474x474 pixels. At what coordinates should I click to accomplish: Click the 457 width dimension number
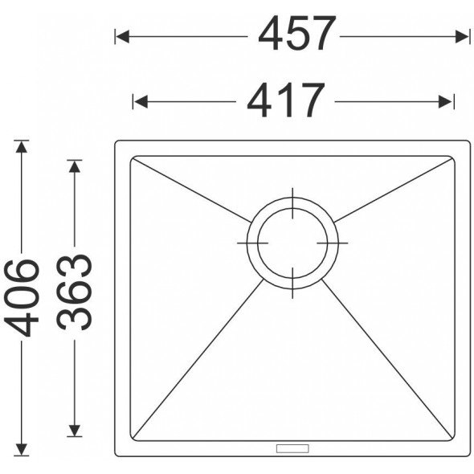tap(297, 33)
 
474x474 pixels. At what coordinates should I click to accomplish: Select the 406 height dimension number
tap(22, 298)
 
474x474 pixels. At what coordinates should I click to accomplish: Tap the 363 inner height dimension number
tap(75, 292)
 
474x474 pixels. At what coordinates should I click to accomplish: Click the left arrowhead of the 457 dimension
tap(122, 37)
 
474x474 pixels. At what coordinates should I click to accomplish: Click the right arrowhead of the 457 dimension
tap(462, 37)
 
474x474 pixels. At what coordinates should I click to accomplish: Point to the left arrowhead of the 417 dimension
tap(141, 101)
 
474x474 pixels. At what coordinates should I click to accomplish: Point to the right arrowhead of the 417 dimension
tap(446, 101)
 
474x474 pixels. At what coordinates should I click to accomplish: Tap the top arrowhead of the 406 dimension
tap(21, 148)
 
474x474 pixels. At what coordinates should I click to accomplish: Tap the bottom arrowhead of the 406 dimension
tap(21, 449)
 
